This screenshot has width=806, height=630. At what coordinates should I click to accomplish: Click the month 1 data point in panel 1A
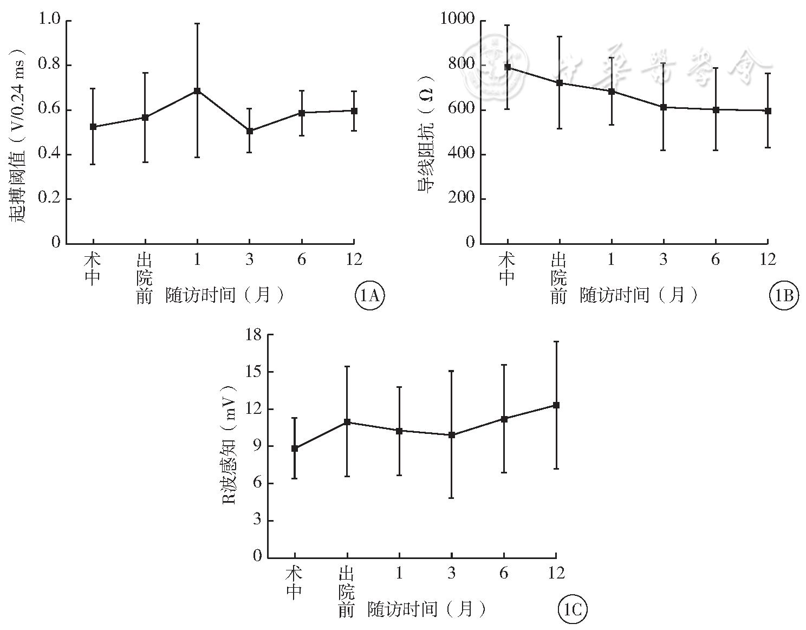197,90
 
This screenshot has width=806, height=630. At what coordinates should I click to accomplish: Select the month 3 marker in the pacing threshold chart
249,131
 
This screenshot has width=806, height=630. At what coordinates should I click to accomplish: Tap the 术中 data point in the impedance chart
508,67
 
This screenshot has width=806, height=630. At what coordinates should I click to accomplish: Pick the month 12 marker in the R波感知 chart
556,405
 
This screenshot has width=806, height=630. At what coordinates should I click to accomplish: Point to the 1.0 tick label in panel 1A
49,20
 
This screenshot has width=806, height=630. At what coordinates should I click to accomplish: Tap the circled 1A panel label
370,295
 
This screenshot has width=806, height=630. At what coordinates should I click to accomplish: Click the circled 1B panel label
784,295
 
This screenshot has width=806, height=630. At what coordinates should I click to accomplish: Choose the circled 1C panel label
572,610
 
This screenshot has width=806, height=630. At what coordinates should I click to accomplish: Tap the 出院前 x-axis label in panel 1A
144,277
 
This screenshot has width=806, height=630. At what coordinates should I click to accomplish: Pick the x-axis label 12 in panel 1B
768,259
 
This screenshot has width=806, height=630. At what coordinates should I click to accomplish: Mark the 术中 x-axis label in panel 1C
294,583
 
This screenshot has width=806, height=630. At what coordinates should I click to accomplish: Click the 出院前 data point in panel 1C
347,421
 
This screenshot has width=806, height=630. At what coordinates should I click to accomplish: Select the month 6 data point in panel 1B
716,109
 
